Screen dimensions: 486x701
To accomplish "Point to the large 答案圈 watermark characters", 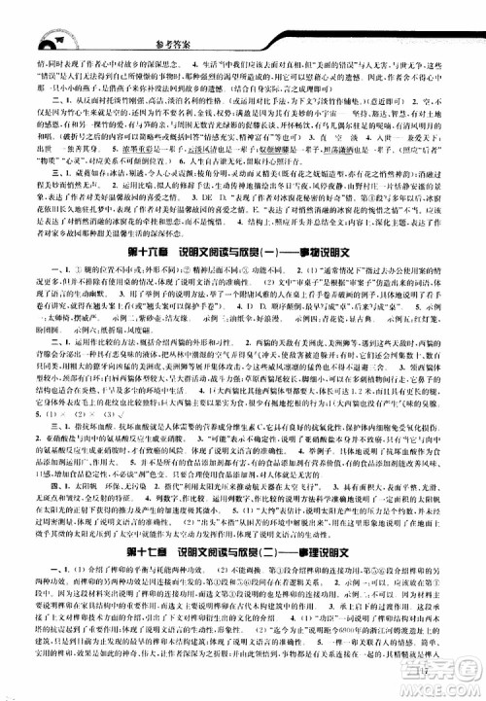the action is pos(428,671).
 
